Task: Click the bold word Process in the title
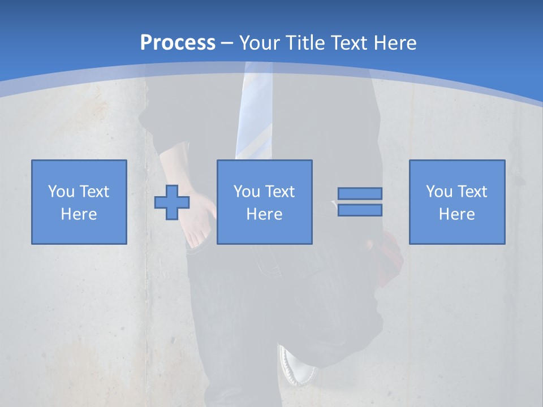click(178, 43)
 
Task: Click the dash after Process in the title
click(227, 44)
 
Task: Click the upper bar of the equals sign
click(360, 193)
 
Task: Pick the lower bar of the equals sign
click(360, 210)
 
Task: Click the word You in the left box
click(61, 192)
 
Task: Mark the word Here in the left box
click(79, 214)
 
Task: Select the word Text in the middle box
click(279, 192)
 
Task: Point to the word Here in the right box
click(457, 214)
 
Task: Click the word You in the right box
click(439, 192)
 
